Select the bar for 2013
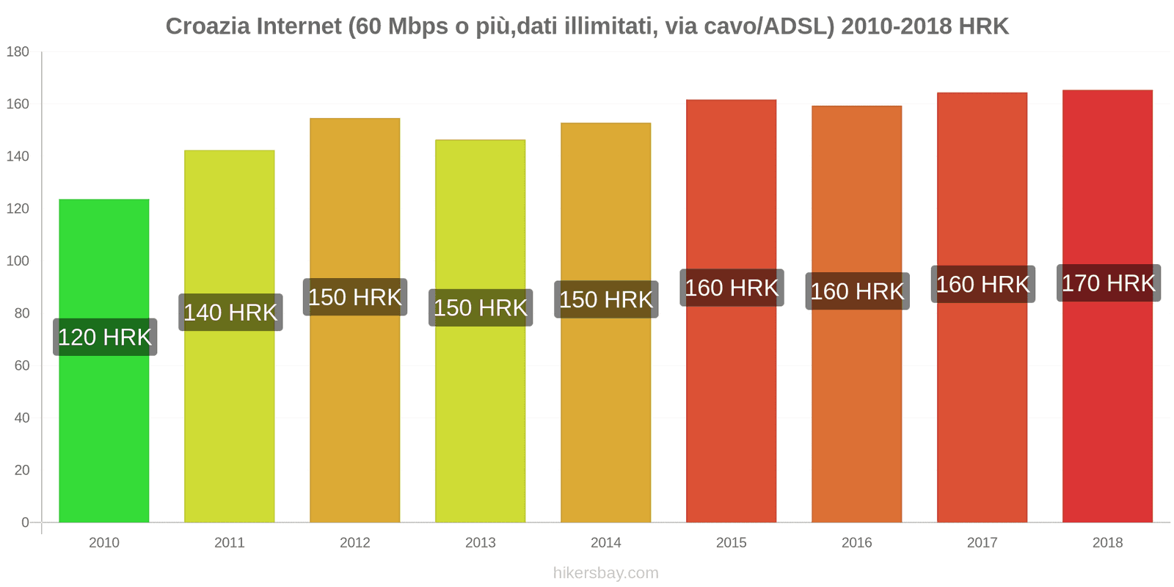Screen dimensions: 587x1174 481,411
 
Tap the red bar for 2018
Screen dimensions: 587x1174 1107,411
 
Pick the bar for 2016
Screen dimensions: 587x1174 856,411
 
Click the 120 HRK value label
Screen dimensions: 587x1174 105,337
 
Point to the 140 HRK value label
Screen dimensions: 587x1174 230,313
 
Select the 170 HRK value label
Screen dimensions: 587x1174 1108,283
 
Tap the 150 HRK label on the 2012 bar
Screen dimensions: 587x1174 355,297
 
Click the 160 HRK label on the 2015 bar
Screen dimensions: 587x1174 732,288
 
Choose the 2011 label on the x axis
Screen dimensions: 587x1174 230,542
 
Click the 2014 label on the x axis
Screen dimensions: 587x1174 606,542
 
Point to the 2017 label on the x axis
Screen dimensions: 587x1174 982,542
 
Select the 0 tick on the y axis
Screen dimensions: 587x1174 25,522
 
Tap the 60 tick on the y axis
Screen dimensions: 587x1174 21,365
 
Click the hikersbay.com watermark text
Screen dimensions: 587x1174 606,573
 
